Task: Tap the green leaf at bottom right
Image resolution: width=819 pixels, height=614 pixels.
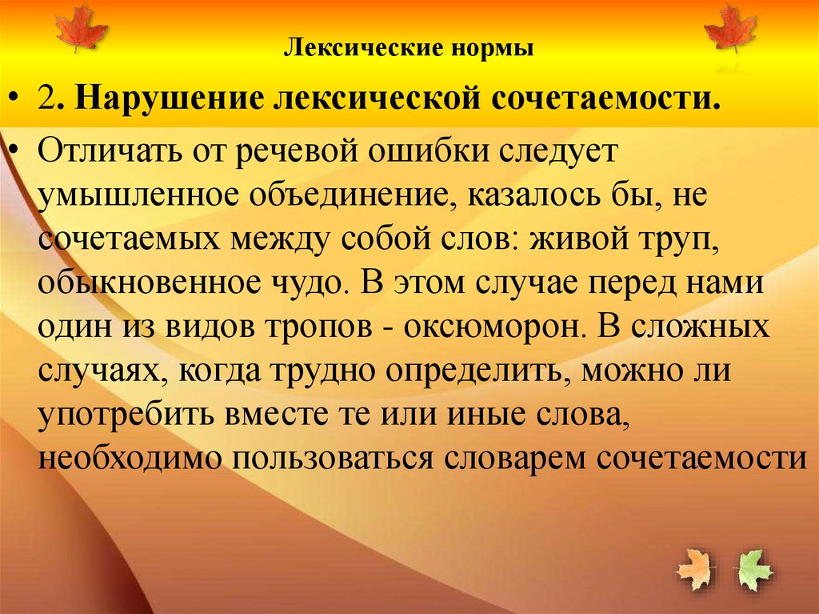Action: (x=754, y=570)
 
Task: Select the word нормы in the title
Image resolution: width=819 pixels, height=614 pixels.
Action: (x=496, y=50)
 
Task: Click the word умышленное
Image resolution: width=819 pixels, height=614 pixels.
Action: (x=148, y=197)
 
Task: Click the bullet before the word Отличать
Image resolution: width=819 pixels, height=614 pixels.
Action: (x=16, y=152)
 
